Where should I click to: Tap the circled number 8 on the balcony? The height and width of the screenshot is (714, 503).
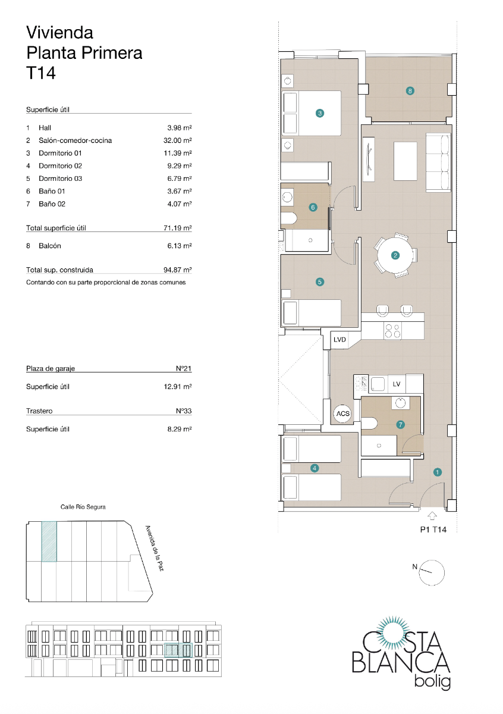click(x=410, y=91)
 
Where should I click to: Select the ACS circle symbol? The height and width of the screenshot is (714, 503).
click(x=343, y=413)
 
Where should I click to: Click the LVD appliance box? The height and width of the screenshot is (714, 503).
click(x=339, y=340)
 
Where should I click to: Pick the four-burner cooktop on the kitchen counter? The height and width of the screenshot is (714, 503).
click(x=393, y=331)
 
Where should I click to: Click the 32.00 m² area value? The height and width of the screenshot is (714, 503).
click(x=180, y=140)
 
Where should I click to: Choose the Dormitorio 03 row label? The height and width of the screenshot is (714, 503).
click(x=60, y=178)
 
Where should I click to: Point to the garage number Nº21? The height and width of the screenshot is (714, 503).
click(x=184, y=368)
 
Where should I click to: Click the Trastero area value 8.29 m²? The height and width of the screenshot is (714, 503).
click(x=180, y=428)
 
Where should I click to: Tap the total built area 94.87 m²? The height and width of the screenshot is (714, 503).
click(x=180, y=270)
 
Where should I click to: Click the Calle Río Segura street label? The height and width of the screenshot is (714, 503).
click(x=83, y=507)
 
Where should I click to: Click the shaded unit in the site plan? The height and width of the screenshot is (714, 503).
click(x=49, y=541)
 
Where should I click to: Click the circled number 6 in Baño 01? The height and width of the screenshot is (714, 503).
click(x=313, y=208)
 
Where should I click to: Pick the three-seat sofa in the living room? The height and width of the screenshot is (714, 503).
click(x=438, y=162)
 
